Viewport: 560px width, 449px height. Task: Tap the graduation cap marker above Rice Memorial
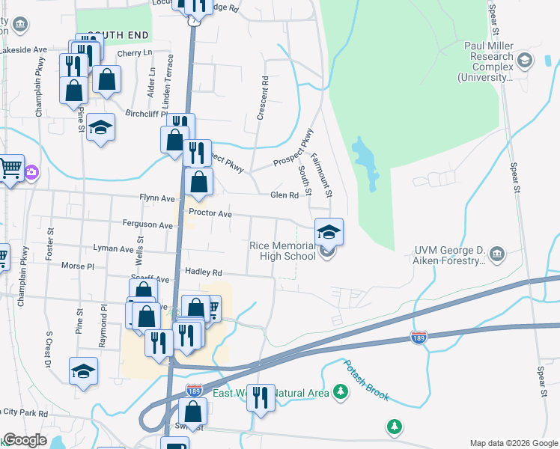[329, 231]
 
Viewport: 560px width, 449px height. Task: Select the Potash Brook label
[366, 380]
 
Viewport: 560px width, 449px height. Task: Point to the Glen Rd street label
[284, 195]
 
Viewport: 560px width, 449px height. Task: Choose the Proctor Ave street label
[210, 213]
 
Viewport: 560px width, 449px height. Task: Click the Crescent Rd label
[263, 97]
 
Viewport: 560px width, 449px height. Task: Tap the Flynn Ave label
[156, 198]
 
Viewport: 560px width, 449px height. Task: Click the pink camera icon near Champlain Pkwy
[32, 173]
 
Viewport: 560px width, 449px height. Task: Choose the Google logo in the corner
[25, 441]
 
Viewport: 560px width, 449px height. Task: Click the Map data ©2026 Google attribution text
[513, 443]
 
